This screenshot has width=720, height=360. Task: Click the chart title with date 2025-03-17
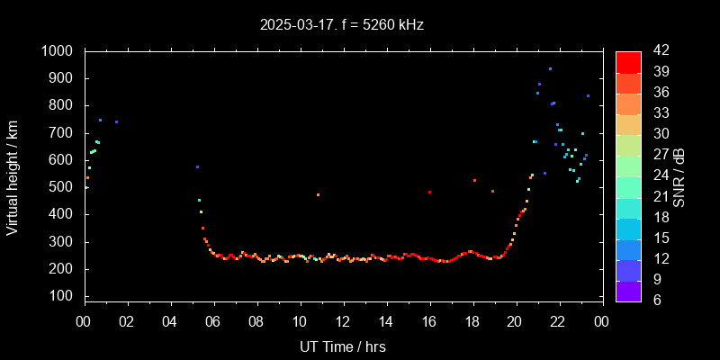click(341, 25)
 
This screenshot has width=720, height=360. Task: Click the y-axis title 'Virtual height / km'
click(13, 176)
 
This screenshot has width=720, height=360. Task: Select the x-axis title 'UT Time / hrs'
click(342, 346)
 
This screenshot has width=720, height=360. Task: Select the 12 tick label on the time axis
click(343, 321)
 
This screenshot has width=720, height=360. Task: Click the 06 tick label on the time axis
click(213, 321)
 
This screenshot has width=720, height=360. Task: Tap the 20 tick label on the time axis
click(516, 321)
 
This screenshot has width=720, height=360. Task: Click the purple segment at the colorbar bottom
click(628, 291)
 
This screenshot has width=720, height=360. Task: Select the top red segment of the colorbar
click(628, 60)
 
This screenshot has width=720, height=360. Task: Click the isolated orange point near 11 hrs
click(318, 194)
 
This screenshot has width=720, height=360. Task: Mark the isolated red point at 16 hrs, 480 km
click(430, 192)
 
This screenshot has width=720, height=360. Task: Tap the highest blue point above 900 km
click(550, 68)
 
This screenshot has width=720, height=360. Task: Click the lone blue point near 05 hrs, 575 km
click(197, 166)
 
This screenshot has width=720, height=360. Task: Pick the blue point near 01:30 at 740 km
click(116, 121)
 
